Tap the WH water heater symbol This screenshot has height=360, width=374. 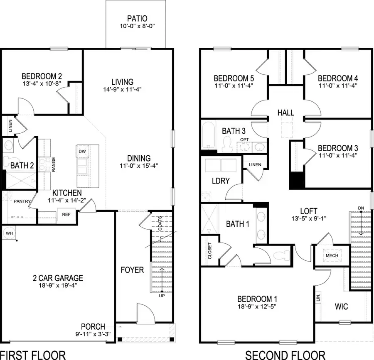(9, 233)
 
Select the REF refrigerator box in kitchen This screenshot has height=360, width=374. (66, 215)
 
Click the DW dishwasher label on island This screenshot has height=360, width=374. (82, 152)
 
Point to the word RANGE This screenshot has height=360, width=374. (54, 164)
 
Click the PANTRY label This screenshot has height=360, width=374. (22, 201)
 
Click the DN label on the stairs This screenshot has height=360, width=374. (360, 208)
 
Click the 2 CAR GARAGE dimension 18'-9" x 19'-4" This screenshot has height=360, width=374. (58, 286)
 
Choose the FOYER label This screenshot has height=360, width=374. (132, 270)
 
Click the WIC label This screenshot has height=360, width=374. (341, 307)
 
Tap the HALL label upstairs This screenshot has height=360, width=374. (285, 113)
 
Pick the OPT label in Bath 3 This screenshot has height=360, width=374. (244, 140)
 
